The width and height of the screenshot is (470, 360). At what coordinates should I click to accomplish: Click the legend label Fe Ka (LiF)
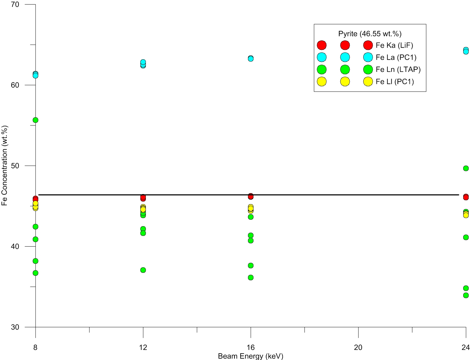[394, 45]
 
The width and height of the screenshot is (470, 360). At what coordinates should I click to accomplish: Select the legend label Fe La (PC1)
[396, 58]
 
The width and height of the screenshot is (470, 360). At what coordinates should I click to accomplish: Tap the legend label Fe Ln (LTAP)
[398, 70]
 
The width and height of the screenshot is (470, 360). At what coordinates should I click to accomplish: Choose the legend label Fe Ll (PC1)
[395, 82]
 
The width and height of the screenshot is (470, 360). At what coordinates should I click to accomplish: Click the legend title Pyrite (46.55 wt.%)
[370, 34]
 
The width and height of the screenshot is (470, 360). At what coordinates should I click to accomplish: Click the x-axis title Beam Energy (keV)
[251, 356]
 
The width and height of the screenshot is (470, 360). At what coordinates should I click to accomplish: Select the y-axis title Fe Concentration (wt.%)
[5, 166]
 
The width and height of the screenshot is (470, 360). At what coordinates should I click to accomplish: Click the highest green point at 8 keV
[35, 120]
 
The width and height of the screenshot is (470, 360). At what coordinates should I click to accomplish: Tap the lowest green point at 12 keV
[143, 270]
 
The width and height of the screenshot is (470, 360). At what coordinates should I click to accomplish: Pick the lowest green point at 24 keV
[466, 296]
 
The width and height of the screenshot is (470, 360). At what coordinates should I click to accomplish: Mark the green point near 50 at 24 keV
[466, 168]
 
